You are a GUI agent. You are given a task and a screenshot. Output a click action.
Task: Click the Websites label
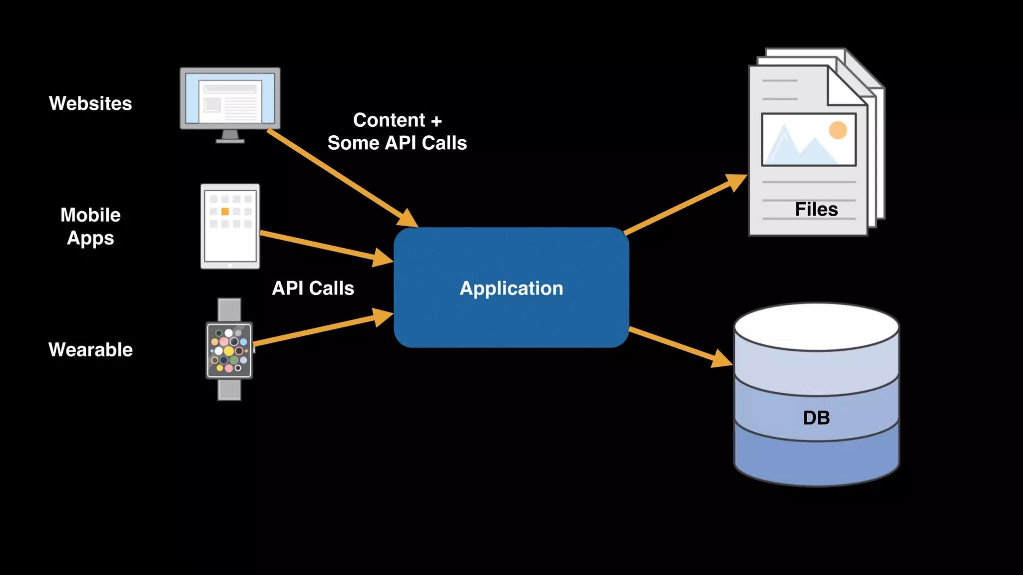click(x=90, y=103)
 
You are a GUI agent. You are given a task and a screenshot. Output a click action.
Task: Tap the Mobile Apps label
click(x=90, y=226)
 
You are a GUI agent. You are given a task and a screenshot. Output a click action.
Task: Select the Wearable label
click(x=90, y=349)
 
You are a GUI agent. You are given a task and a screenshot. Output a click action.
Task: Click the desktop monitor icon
click(x=230, y=100)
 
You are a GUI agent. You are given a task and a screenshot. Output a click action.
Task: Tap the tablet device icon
click(x=230, y=227)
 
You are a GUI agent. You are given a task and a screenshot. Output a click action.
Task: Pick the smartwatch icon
click(x=229, y=350)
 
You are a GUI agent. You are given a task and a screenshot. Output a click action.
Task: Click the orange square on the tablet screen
click(x=225, y=212)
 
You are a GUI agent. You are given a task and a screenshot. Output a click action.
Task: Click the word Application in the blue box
click(x=511, y=288)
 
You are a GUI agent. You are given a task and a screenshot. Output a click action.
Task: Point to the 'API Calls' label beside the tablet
click(x=313, y=288)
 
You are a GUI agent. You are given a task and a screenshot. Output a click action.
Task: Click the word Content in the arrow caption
click(x=389, y=120)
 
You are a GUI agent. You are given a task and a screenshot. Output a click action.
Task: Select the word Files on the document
click(x=816, y=209)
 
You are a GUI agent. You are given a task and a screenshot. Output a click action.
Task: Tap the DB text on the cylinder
click(x=816, y=418)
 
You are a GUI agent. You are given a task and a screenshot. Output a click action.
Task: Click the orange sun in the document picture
click(x=838, y=130)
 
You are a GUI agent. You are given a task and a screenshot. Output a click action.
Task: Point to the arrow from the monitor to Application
click(x=340, y=177)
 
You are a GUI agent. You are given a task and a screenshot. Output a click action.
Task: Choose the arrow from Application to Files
click(x=684, y=205)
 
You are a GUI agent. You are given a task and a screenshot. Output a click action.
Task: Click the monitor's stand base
click(x=230, y=141)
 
